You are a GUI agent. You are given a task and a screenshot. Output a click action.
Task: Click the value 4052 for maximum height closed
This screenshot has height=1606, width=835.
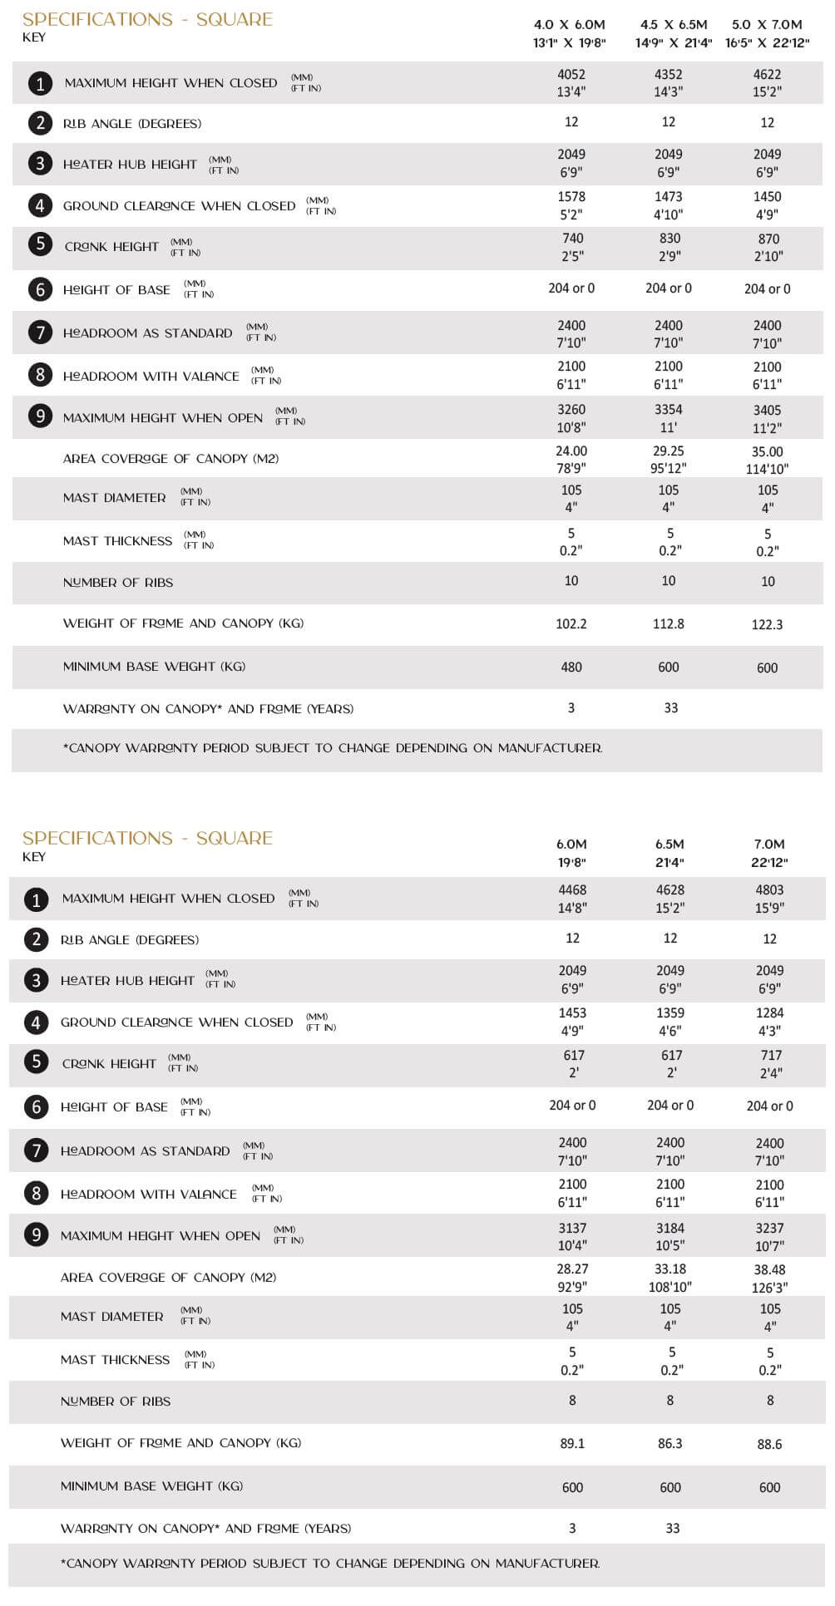point(571,74)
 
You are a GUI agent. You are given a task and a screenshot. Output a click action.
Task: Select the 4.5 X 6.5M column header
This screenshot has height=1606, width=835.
point(674,25)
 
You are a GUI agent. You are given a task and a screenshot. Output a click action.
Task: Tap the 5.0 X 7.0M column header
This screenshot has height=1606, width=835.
point(767,25)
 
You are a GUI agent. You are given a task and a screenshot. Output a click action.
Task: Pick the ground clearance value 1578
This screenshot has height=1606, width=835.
point(571,197)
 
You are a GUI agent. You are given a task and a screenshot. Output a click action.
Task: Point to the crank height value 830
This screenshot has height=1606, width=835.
point(669,239)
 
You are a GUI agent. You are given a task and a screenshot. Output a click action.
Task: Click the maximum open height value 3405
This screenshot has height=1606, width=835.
point(767,410)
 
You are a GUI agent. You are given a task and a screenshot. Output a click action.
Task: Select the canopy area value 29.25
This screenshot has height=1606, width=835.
point(669,451)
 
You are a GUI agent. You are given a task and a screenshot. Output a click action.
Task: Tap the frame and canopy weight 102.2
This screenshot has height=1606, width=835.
point(571,623)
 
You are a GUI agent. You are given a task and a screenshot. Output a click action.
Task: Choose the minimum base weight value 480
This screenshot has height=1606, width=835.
point(571,667)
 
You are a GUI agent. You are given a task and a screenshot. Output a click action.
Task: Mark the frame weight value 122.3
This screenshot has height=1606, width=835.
point(767,624)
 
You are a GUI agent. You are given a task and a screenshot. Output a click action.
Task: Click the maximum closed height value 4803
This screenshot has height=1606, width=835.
point(769,890)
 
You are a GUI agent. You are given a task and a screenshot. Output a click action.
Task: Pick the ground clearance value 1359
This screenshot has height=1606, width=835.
point(670,1013)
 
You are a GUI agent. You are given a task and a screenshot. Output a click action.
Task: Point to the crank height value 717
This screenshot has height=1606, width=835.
point(771,1056)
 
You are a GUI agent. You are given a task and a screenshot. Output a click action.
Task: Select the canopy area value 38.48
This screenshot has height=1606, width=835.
point(769,1269)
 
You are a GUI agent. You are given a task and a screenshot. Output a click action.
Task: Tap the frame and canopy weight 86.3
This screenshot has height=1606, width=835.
point(670,1444)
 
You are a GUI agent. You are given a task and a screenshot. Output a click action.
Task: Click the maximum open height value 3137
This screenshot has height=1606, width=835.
point(572,1228)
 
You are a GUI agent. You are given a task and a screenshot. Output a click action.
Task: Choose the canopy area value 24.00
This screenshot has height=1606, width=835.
point(571,451)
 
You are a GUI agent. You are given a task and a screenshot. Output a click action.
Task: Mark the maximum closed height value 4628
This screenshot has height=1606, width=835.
point(670,890)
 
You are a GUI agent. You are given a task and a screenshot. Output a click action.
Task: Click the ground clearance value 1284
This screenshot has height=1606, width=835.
point(769,1013)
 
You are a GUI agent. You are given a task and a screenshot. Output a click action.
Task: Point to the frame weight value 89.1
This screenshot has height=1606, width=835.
point(572,1444)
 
